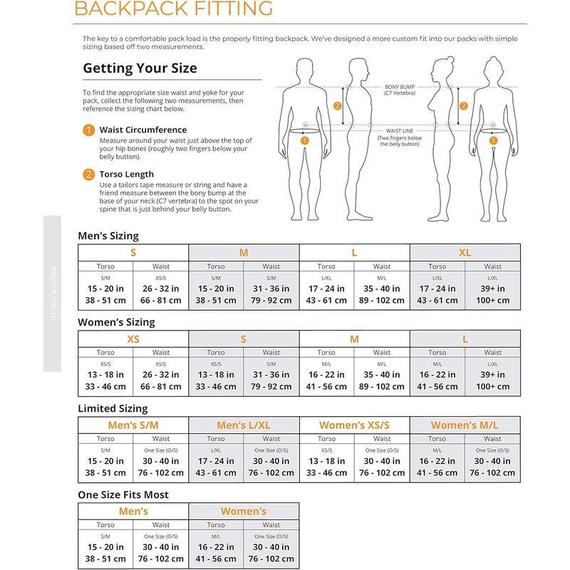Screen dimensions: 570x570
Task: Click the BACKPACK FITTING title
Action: coord(174,9)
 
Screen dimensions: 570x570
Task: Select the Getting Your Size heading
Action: coord(140,69)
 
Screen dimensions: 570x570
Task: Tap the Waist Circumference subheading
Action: coord(142,130)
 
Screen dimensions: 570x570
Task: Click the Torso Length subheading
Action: coord(128,174)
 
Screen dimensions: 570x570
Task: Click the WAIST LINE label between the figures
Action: coord(400,131)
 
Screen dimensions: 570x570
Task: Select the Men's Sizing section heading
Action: coord(108,236)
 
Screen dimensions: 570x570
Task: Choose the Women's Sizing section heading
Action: coord(116,322)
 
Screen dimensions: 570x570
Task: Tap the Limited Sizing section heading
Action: coord(113,408)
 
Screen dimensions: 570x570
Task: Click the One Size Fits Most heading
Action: coord(123,494)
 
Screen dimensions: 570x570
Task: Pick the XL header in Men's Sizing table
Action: coord(465,253)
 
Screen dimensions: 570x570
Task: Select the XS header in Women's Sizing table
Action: coord(133,339)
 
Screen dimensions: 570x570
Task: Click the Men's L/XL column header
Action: coord(244,425)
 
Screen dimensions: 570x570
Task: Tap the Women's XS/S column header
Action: coord(354,425)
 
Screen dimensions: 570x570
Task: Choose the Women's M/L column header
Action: coord(465,425)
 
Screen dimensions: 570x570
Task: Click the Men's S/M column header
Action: coord(133,425)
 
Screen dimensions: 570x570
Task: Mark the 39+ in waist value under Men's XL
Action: coord(492,289)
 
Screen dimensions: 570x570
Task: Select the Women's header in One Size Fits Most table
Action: coord(244,512)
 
